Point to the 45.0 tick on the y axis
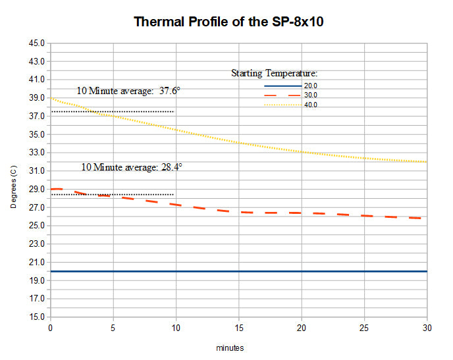37,43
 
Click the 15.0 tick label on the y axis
37,317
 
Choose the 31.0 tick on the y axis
37,171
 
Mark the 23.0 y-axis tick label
37,244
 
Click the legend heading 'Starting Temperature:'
275,73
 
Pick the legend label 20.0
310,86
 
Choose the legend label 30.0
310,95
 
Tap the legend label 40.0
310,105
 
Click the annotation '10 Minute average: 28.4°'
132,167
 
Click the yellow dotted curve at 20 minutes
302,152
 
